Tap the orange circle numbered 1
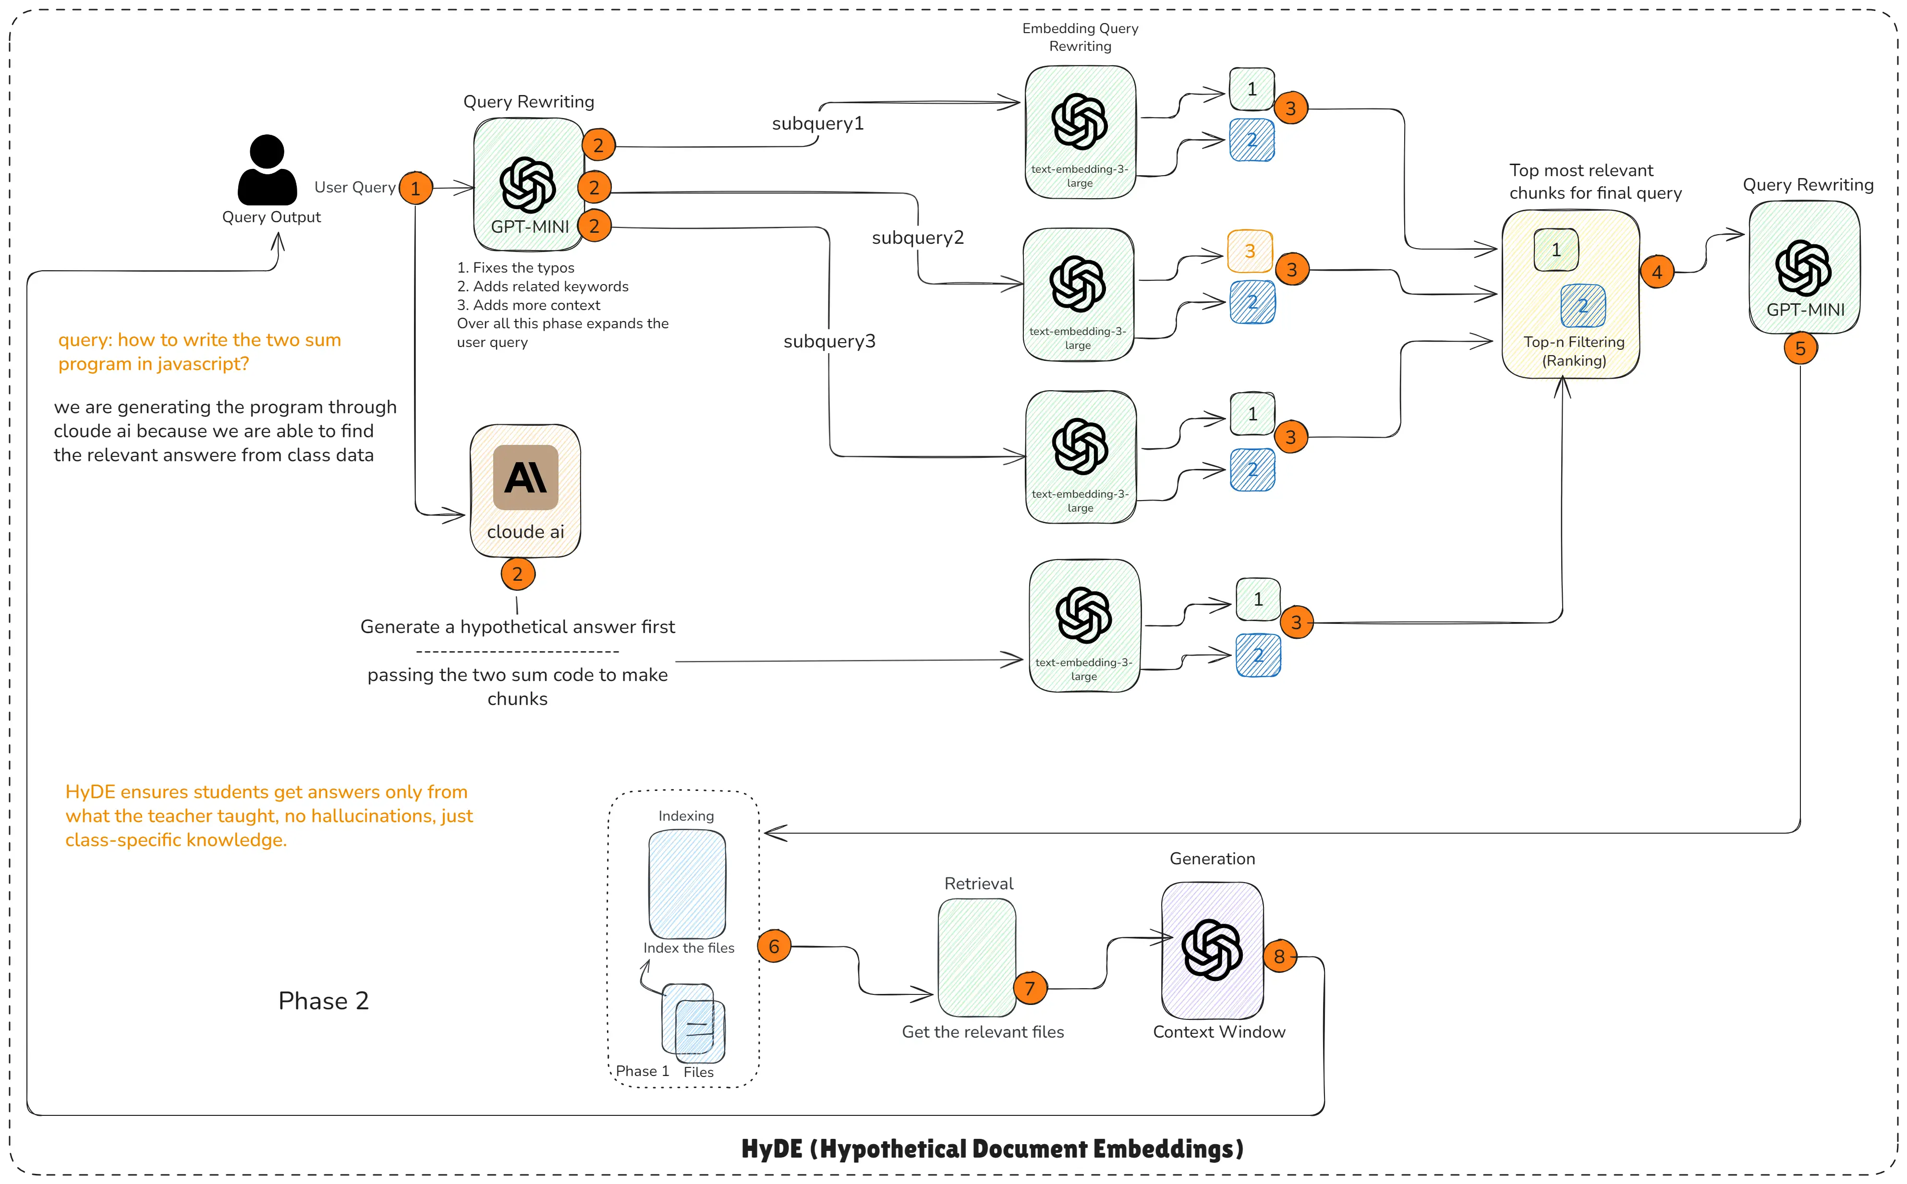(x=416, y=188)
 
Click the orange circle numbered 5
(x=1799, y=348)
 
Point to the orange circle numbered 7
(x=1030, y=988)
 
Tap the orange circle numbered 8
(x=1279, y=956)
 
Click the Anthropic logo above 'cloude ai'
(x=526, y=477)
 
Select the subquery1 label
(x=817, y=124)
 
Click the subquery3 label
(x=829, y=341)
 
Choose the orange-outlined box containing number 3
(x=1250, y=251)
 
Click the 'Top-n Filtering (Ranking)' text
(x=1574, y=351)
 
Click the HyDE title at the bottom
(x=992, y=1149)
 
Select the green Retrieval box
(x=977, y=957)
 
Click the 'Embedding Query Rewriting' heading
(x=1080, y=37)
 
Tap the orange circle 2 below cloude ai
(x=518, y=574)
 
